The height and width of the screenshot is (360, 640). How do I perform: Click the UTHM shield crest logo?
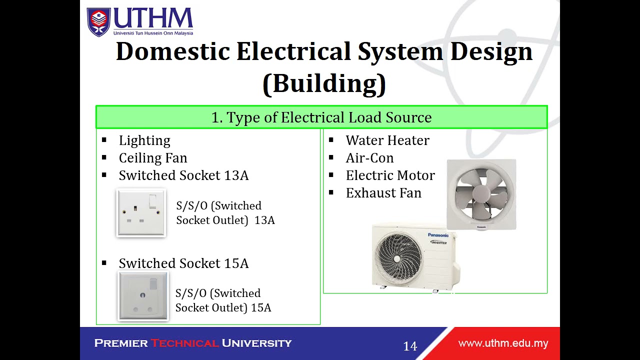pos(98,21)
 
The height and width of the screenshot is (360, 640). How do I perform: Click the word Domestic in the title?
pos(172,51)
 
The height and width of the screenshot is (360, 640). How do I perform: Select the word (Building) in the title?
pos(324,83)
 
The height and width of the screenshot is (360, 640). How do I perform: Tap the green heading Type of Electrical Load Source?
pos(321,117)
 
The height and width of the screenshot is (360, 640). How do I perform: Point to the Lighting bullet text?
pos(144,140)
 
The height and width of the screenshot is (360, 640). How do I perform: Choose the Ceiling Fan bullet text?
pos(153,158)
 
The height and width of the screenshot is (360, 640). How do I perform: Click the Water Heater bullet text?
pos(387,140)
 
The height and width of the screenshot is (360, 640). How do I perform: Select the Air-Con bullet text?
pos(369,158)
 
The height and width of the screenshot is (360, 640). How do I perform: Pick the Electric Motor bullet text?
pos(390,175)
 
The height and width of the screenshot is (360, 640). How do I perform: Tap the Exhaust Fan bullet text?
pos(383,193)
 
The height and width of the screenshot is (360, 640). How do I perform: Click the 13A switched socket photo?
pos(141,212)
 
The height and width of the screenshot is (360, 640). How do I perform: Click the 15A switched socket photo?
pos(143,296)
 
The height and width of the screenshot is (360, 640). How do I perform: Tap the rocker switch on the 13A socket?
pos(152,201)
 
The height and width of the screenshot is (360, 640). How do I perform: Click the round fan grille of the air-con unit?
pos(397,257)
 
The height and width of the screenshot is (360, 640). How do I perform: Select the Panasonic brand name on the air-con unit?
pos(438,235)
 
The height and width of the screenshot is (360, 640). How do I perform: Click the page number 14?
pos(410,346)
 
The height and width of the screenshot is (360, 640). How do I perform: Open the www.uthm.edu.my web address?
pos(503,343)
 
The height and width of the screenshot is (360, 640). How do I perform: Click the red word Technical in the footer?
pos(184,343)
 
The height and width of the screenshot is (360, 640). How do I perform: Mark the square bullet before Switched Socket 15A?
pos(104,263)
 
